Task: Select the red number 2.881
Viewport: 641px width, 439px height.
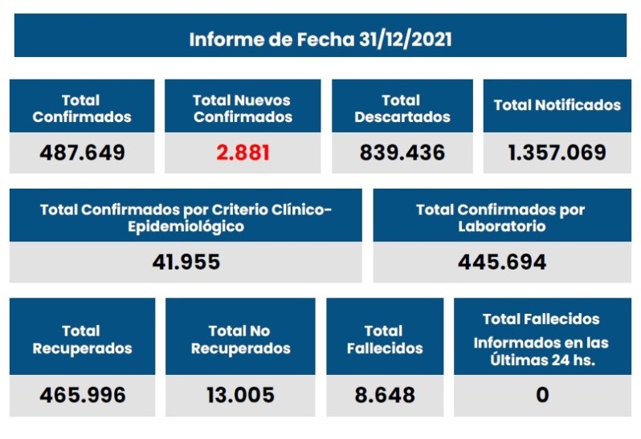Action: [242, 152]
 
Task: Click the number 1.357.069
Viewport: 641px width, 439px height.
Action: [557, 152]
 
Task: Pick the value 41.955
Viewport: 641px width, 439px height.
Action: [186, 262]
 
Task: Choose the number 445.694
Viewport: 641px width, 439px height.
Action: [502, 262]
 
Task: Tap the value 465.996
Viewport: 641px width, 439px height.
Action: [82, 395]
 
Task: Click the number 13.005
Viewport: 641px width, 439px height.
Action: [240, 395]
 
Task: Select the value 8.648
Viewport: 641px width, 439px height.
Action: [384, 395]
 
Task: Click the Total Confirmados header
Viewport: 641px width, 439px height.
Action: [81, 108]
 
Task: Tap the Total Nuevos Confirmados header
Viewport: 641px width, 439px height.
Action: [242, 108]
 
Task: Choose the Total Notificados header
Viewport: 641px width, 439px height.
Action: [557, 105]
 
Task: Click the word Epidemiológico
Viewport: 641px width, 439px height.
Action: [186, 226]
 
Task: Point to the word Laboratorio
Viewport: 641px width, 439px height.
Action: [502, 226]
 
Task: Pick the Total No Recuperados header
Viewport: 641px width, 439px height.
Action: [240, 339]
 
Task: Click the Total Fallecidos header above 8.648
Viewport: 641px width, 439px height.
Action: [384, 339]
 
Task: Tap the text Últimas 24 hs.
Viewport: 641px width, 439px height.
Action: [542, 360]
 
